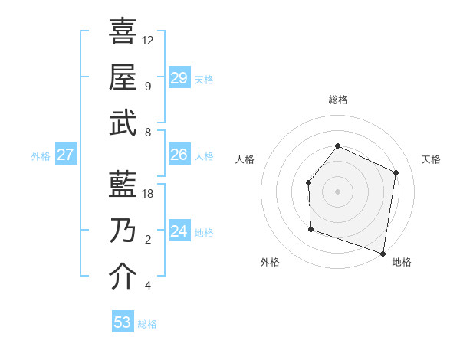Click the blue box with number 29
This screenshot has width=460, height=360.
click(x=179, y=78)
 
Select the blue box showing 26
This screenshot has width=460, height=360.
click(x=179, y=155)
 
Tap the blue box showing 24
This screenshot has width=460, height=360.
click(x=179, y=231)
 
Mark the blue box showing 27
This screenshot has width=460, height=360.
click(x=66, y=155)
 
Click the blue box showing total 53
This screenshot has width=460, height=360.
click(x=123, y=322)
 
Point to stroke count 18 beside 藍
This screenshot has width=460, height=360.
click(x=148, y=194)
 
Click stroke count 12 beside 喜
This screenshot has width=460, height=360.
click(x=148, y=40)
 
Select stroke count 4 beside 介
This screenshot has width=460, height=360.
click(x=148, y=286)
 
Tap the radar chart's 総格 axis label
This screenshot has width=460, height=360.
click(x=337, y=100)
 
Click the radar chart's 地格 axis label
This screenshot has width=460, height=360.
click(x=402, y=262)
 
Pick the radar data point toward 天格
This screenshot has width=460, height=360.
click(x=396, y=172)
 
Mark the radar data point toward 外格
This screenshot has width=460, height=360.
click(x=310, y=229)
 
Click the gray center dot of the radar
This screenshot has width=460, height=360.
click(x=337, y=191)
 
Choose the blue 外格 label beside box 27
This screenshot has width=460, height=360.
click(x=41, y=156)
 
